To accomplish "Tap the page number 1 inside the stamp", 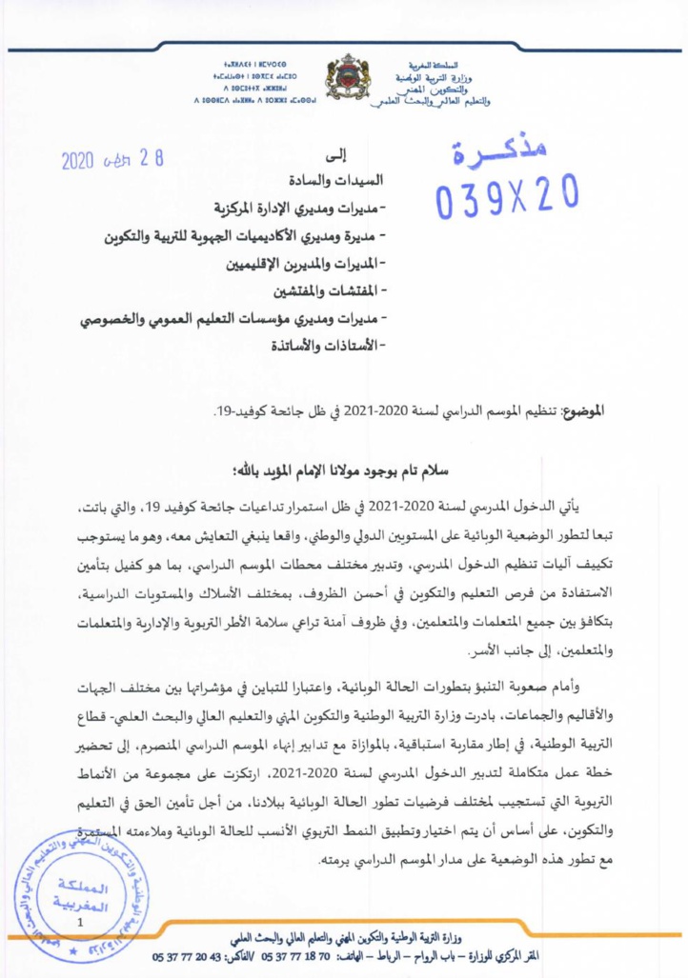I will pyautogui.click(x=82, y=921).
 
